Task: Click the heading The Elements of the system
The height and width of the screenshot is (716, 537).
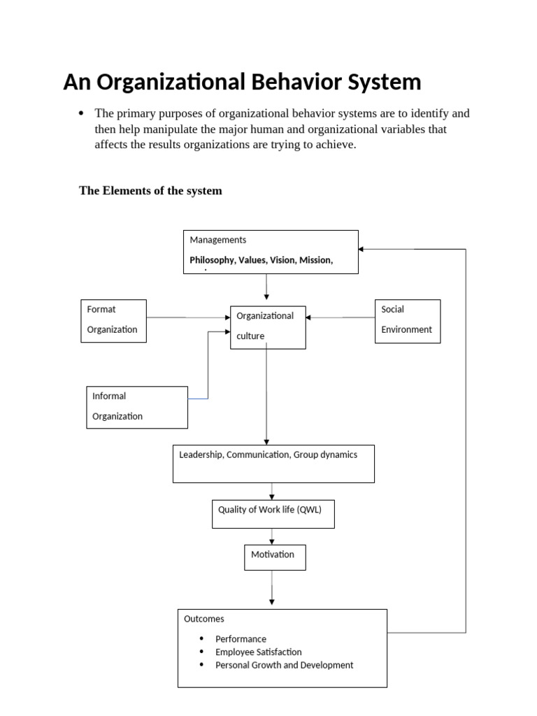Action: [x=150, y=190]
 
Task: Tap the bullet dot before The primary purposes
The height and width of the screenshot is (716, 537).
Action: [x=82, y=113]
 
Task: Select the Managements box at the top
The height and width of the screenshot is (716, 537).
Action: [x=270, y=251]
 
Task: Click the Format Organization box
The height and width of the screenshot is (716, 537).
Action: [x=113, y=320]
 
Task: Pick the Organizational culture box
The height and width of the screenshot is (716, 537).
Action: [x=268, y=327]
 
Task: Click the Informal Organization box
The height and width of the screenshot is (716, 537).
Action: [x=136, y=406]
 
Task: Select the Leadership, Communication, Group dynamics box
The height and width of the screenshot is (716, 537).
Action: [x=273, y=463]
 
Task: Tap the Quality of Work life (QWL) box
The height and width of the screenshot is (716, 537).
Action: [x=273, y=514]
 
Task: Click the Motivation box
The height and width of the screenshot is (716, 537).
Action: [x=274, y=557]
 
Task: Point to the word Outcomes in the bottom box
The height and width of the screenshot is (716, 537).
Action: [x=204, y=619]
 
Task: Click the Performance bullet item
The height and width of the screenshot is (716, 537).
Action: [x=241, y=638]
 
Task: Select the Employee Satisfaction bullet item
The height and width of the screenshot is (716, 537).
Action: [x=258, y=652]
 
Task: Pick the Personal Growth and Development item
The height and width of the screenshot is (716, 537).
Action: [x=284, y=665]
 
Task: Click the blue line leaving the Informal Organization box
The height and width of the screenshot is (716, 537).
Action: [x=199, y=399]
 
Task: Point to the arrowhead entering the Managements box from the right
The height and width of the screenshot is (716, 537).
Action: [x=361, y=249]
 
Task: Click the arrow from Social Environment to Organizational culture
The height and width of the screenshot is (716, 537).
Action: [x=341, y=317]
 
